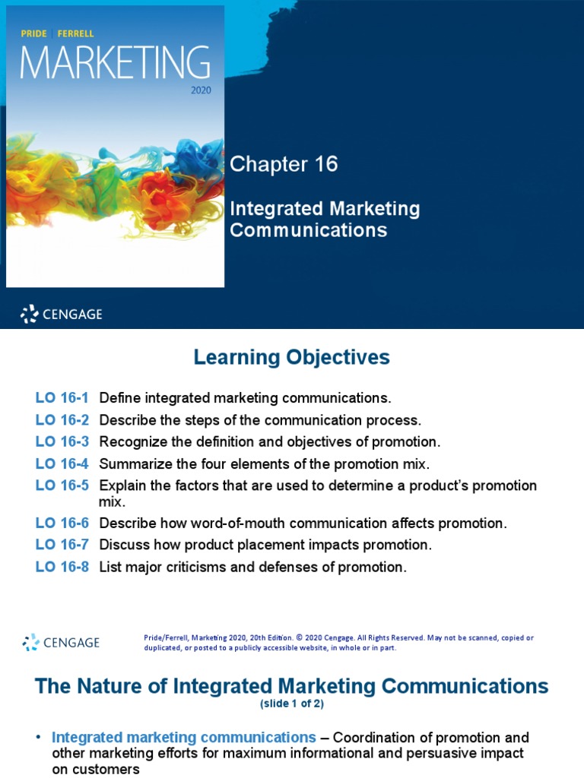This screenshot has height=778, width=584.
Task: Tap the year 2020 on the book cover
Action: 200,89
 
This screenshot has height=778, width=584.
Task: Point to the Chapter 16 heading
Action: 284,164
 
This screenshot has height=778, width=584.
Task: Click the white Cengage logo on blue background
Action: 61,314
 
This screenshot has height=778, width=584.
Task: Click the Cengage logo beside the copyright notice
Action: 61,642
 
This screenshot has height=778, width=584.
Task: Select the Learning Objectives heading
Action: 292,357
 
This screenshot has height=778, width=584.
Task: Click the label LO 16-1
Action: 62,398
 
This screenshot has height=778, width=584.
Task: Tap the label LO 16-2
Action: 62,420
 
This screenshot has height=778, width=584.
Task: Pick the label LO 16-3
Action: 62,442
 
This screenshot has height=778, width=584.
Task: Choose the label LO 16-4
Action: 62,463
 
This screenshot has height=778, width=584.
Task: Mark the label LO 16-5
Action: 62,485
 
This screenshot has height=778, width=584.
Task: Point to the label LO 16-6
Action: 62,523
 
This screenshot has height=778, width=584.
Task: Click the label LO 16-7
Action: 62,545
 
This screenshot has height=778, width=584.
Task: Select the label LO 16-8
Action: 62,567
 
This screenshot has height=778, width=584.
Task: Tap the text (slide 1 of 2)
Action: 292,704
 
